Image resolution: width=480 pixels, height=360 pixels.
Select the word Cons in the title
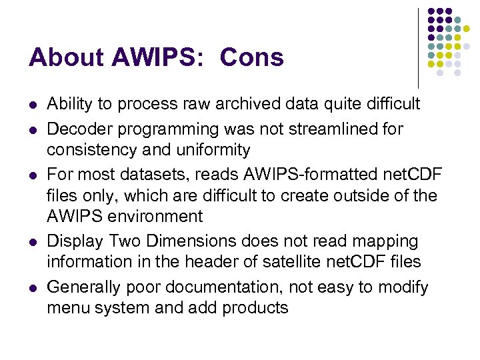click(x=251, y=58)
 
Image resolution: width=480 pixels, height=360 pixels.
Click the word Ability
click(x=70, y=104)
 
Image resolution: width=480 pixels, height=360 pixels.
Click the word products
click(x=255, y=309)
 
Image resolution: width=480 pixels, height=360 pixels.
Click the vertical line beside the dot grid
click(x=418, y=47)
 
